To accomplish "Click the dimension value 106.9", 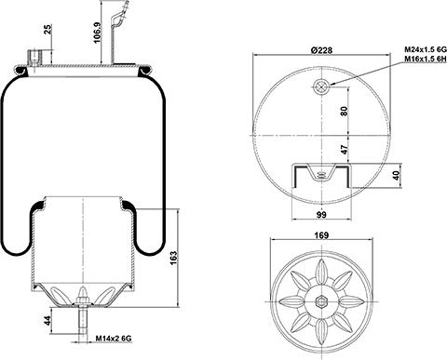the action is pyautogui.click(x=98, y=33).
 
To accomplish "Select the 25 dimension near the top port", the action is pyautogui.click(x=47, y=30).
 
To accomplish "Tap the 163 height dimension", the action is pyautogui.click(x=173, y=258).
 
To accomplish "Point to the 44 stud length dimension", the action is pyautogui.click(x=47, y=321).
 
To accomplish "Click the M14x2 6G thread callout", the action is pyautogui.click(x=114, y=339).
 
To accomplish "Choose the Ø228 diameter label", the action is pyautogui.click(x=321, y=49).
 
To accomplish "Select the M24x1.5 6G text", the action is pyautogui.click(x=425, y=49).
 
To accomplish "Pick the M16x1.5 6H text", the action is pyautogui.click(x=425, y=59).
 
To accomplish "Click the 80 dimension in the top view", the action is pyautogui.click(x=344, y=111).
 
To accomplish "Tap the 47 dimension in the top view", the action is pyautogui.click(x=344, y=149).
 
